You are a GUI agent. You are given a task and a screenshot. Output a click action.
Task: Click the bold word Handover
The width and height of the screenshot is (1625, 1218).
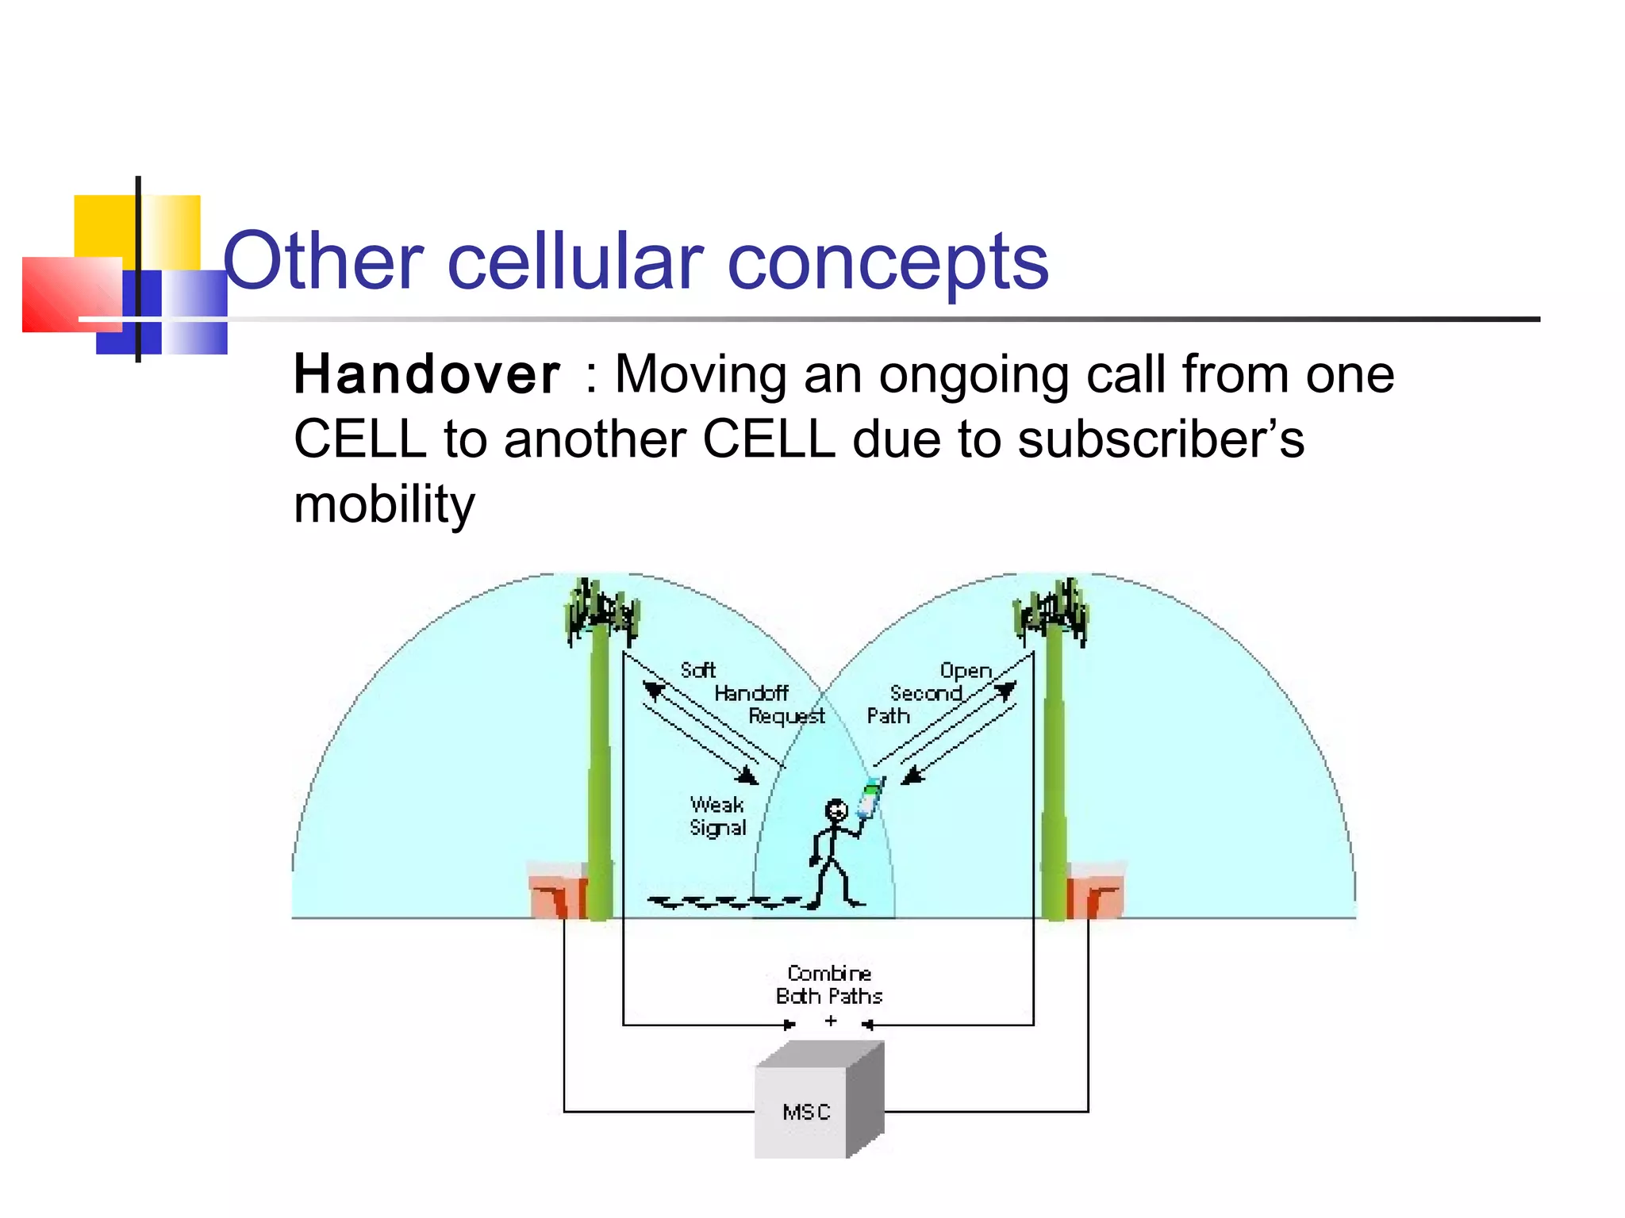coord(427,374)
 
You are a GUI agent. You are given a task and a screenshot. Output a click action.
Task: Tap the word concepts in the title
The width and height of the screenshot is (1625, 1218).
coord(888,262)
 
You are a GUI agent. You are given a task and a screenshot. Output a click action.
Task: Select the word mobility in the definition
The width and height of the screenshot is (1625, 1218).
coord(384,504)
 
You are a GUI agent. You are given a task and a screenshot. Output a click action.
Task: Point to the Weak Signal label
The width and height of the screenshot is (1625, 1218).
coord(717,816)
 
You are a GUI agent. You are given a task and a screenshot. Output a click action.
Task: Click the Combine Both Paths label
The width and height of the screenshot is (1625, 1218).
coord(829,984)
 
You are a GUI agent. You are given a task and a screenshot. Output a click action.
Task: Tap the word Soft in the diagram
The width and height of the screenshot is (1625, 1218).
coord(697,670)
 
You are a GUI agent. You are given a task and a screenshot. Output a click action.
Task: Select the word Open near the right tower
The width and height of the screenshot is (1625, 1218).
coord(966,671)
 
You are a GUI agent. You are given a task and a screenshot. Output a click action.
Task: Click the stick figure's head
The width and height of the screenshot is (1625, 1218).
coord(836,810)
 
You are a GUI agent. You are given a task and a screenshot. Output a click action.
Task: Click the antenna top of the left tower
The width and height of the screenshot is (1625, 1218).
coord(601,611)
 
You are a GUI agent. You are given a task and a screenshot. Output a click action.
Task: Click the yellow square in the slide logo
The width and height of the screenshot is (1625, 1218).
coord(105,226)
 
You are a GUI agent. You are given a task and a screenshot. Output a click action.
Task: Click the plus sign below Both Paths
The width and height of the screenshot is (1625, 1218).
coord(831,1021)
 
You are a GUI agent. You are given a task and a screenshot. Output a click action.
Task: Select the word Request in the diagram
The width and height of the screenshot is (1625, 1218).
coord(786,716)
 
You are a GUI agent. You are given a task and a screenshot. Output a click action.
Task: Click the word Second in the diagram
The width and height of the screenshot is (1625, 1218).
coord(925,693)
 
